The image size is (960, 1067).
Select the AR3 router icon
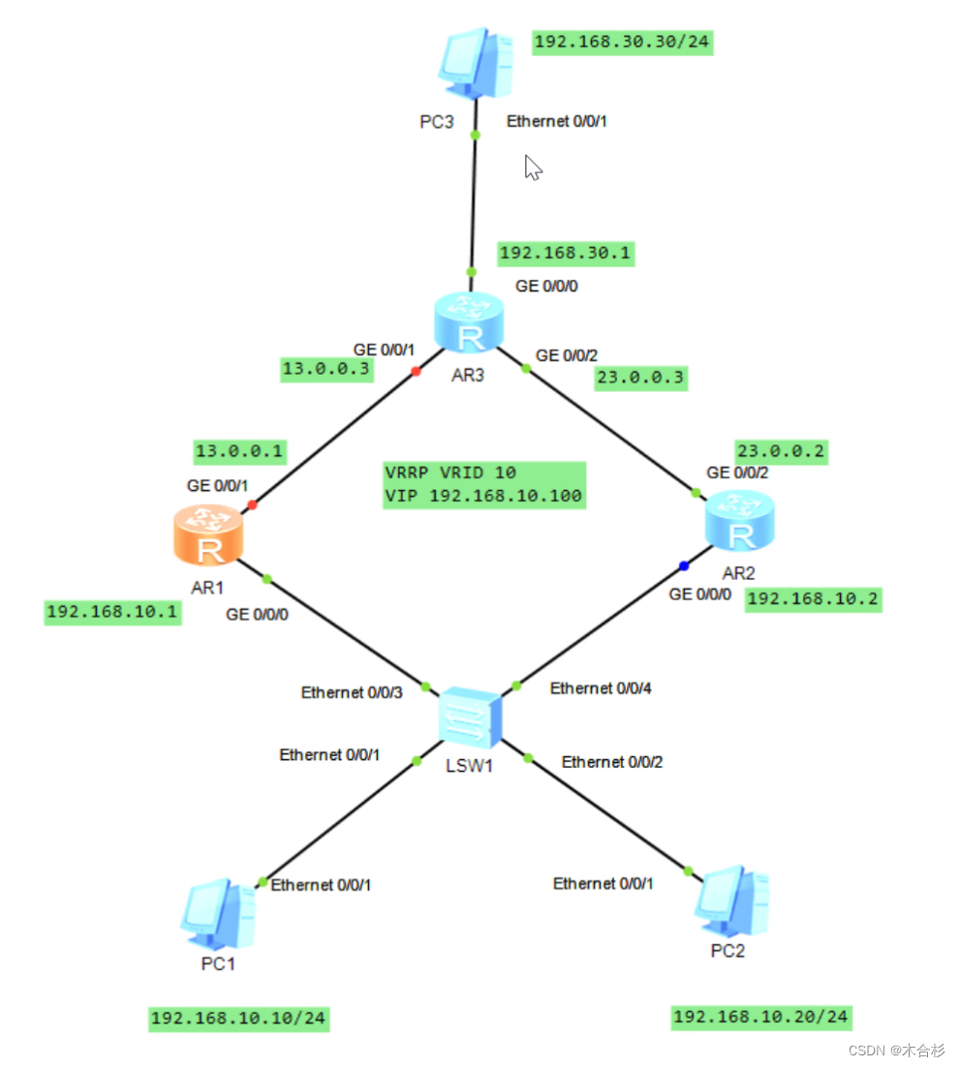(469, 324)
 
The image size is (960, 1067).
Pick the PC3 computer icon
(474, 63)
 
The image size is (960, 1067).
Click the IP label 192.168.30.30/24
(623, 43)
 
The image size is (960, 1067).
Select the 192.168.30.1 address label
(565, 253)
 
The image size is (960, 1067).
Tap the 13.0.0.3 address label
(325, 368)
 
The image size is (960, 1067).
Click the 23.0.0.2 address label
(781, 450)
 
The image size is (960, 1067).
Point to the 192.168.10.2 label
(813, 599)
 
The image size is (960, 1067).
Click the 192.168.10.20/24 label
(761, 1017)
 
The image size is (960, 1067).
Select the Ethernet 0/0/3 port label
(351, 692)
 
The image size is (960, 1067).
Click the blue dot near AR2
(684, 565)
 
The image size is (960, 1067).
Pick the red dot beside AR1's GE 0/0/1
(252, 504)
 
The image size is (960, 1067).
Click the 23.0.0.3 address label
(643, 380)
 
